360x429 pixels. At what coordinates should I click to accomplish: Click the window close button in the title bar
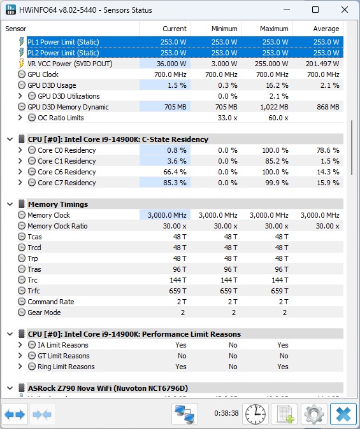pyautogui.click(x=345, y=10)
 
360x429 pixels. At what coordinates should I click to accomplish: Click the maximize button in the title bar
pyautogui.click(x=315, y=10)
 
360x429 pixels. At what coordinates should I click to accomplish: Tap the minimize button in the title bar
pyautogui.click(x=287, y=10)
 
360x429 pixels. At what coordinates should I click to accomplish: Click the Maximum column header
pyautogui.click(x=274, y=29)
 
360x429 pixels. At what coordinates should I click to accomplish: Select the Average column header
pyautogui.click(x=326, y=29)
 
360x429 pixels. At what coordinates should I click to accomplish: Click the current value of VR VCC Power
pyautogui.click(x=171, y=64)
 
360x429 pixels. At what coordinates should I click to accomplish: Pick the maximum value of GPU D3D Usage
pyautogui.click(x=277, y=85)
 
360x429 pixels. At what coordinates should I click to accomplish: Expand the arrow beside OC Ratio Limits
pyautogui.click(x=20, y=118)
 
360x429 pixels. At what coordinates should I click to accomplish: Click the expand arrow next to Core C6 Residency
pyautogui.click(x=20, y=172)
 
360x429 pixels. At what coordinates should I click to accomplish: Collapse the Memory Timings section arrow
pyautogui.click(x=10, y=204)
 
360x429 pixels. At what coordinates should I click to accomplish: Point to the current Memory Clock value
pyautogui.click(x=167, y=215)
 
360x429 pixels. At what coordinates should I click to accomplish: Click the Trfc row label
pyautogui.click(x=34, y=291)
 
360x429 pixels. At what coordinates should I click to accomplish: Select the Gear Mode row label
pyautogui.click(x=44, y=313)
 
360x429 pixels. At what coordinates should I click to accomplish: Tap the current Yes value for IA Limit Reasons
pyautogui.click(x=181, y=345)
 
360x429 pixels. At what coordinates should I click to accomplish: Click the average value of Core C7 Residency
pyautogui.click(x=328, y=183)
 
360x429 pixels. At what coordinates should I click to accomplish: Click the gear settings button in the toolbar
pyautogui.click(x=314, y=414)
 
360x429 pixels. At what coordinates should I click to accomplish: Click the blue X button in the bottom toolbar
pyautogui.click(x=343, y=414)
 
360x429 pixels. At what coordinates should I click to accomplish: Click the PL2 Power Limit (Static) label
pyautogui.click(x=63, y=53)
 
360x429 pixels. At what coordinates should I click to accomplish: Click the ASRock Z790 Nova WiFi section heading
pyautogui.click(x=108, y=388)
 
